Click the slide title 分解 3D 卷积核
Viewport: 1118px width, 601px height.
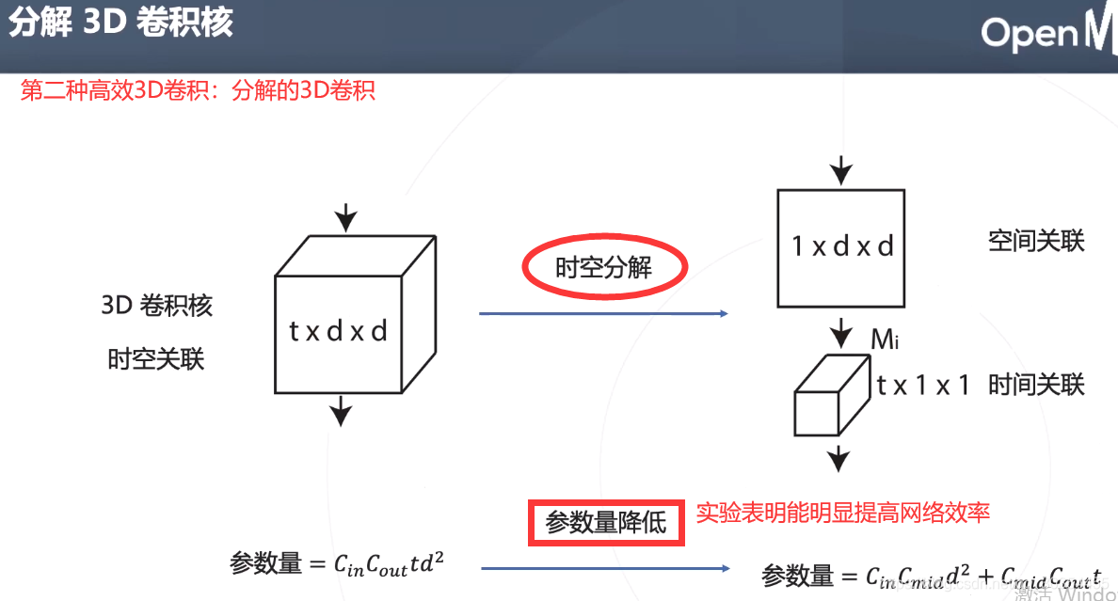121,23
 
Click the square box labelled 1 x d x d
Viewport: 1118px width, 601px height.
840,248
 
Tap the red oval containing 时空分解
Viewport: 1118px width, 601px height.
604,268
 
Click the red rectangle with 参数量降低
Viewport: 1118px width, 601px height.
606,522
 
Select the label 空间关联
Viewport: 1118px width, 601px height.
1036,242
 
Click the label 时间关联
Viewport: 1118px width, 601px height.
1036,385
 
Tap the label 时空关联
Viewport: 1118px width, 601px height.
156,359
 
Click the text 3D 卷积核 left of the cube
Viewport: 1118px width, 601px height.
156,306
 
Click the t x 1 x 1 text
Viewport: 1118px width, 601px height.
922,386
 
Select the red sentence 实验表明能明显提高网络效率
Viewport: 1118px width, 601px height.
843,513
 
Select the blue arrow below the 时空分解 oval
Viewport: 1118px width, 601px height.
604,313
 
